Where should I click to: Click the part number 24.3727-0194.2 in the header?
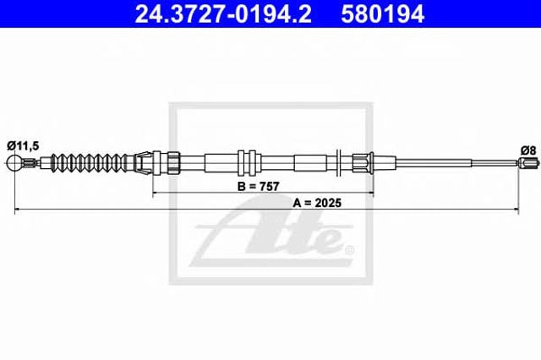223,14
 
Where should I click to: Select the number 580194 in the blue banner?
382,14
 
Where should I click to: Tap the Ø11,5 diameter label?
23,146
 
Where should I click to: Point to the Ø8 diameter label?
528,150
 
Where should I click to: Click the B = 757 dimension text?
258,187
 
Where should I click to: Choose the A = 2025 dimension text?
317,203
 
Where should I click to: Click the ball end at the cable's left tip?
15,162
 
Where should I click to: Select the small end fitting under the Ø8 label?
527,162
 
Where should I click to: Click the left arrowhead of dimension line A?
17,209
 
